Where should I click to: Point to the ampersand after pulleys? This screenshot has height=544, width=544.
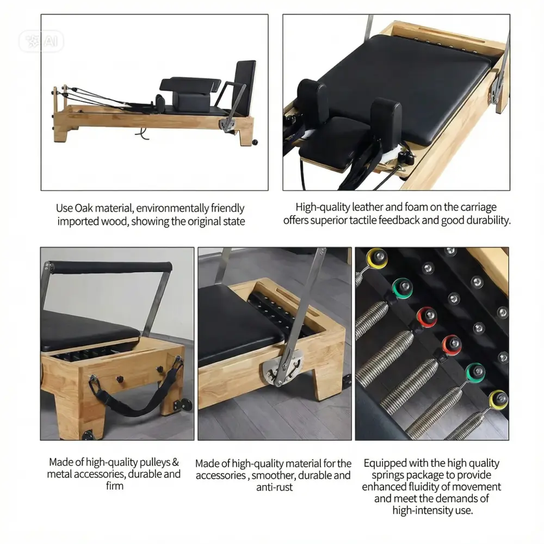click(x=176, y=462)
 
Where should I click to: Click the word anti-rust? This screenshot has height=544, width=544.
click(x=274, y=487)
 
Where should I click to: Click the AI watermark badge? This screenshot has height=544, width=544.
click(x=41, y=41)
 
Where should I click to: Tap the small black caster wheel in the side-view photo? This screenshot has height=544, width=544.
click(x=255, y=142)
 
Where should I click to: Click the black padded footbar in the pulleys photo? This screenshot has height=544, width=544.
click(x=110, y=267)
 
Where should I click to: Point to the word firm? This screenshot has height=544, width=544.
click(x=115, y=486)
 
